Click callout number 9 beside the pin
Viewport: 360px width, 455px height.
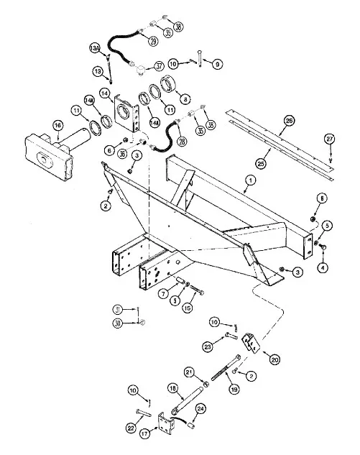[x=216, y=64]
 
